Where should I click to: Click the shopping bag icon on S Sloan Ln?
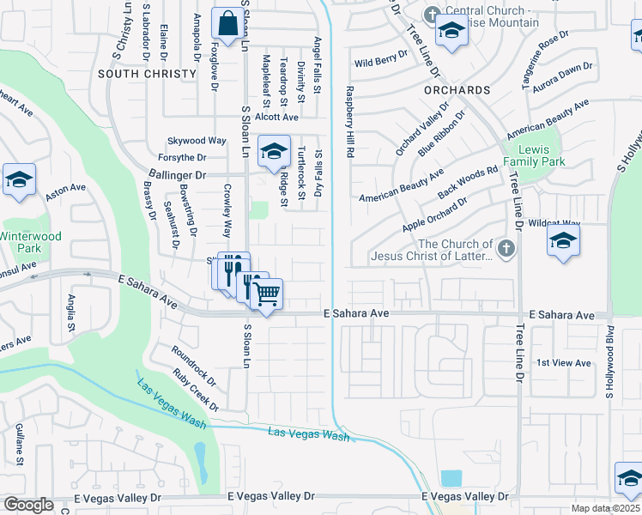[x=228, y=26]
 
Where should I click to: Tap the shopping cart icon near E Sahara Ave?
[x=267, y=294]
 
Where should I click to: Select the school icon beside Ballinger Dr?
[x=274, y=153]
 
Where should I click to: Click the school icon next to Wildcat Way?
[x=563, y=241]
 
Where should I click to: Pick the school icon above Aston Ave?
[x=19, y=180]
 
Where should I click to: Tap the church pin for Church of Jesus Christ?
[x=506, y=249]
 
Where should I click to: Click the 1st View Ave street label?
[x=563, y=363]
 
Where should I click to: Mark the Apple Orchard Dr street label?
[x=433, y=215]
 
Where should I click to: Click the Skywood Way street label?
[x=197, y=140]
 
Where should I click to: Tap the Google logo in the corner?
[x=28, y=505]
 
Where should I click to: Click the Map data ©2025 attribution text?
[x=605, y=508]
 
